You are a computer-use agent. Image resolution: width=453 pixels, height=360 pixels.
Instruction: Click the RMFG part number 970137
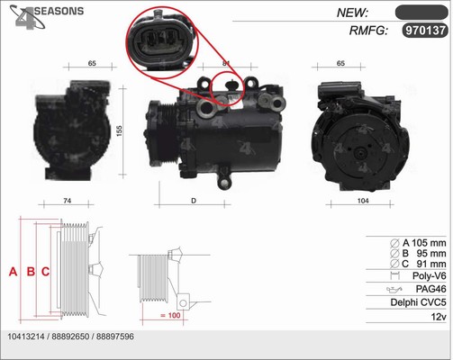[x=425, y=31]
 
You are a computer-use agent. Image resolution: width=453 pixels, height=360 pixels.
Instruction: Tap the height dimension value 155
[x=120, y=131]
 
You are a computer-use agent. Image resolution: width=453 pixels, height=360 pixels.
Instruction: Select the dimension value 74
[x=68, y=201]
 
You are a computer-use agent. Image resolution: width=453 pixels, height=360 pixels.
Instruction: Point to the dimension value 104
[x=363, y=201]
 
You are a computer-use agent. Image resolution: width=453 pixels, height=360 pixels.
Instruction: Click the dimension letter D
[x=194, y=201]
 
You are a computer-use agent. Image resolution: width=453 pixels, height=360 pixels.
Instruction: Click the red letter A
[x=13, y=272]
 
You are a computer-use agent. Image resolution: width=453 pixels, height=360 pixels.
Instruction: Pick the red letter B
[x=31, y=272]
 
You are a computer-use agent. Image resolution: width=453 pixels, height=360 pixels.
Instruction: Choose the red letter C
[x=45, y=272]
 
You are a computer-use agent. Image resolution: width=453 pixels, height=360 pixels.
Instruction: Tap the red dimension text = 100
[x=170, y=315]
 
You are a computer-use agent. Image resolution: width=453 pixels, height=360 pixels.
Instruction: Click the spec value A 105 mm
[x=424, y=243]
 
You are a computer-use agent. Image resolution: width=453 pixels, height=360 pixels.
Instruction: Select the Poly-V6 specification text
[x=430, y=275]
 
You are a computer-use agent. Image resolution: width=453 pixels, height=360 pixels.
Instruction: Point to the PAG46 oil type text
[x=430, y=289]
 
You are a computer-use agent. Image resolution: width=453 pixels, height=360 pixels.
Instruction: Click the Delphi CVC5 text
[x=418, y=302]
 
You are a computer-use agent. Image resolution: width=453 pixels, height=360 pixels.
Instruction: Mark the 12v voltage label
[x=439, y=317]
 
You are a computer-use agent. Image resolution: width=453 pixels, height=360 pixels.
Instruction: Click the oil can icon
[x=394, y=289]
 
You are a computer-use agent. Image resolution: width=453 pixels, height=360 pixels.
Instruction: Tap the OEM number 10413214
[x=26, y=337]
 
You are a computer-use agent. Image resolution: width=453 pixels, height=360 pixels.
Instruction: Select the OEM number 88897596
[x=115, y=337]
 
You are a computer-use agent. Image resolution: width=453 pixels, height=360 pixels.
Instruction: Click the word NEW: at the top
[x=352, y=13]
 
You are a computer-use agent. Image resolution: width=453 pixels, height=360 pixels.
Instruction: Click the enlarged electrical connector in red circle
[x=162, y=42]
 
